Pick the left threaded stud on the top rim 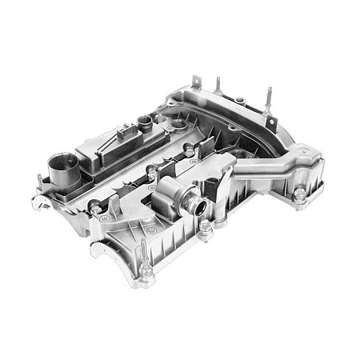point(217,86)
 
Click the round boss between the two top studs point(239,96)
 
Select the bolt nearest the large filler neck point(94,209)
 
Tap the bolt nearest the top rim point(190,149)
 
